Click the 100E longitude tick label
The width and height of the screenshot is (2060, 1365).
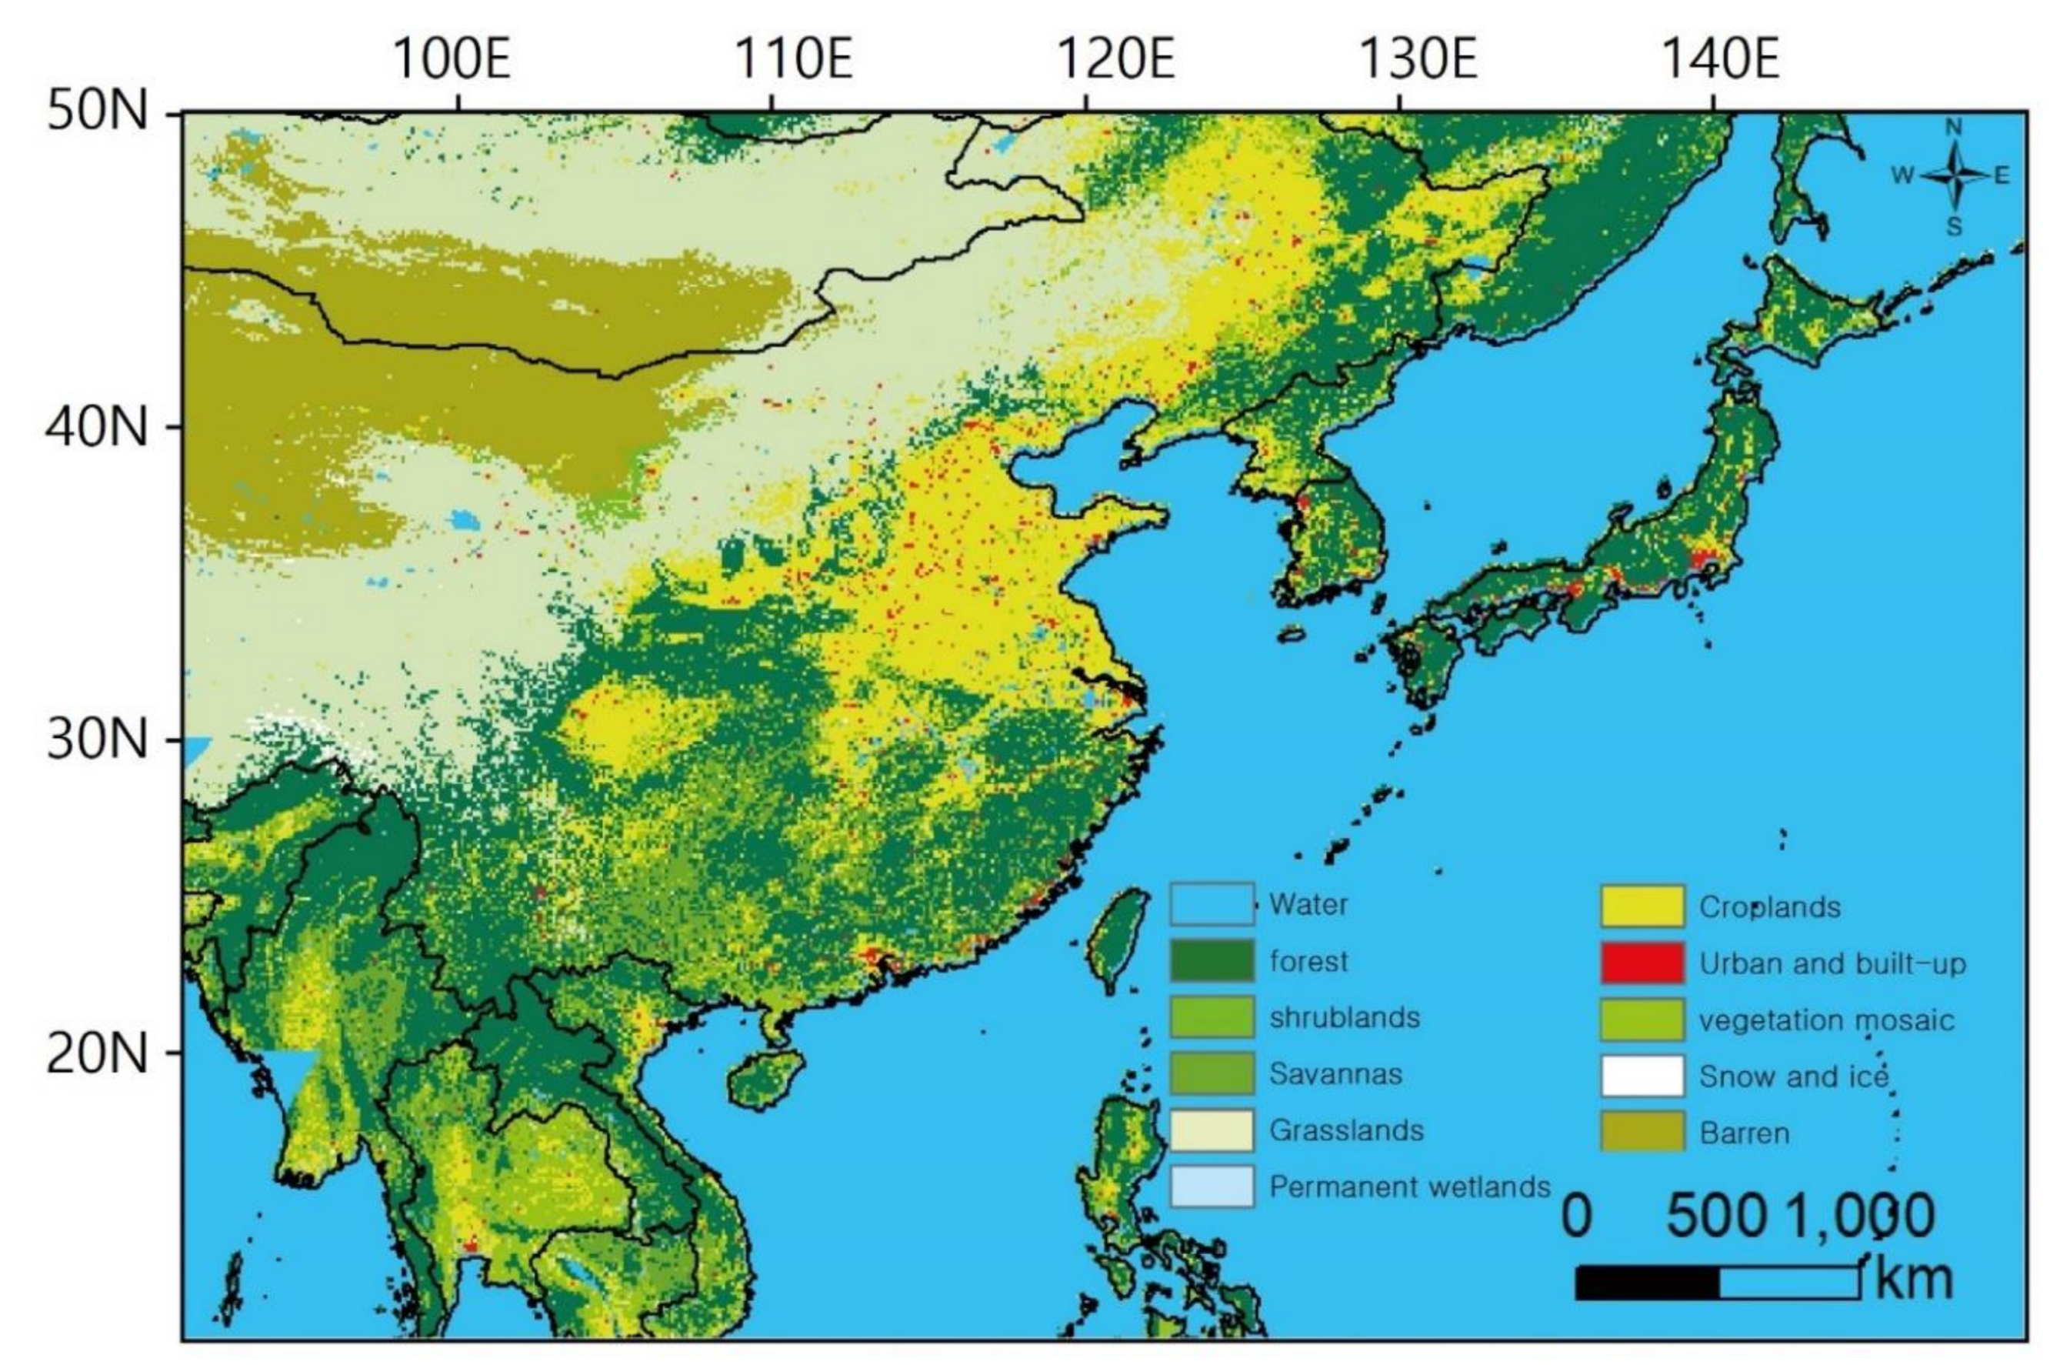point(452,58)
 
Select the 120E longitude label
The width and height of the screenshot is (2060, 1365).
point(1115,58)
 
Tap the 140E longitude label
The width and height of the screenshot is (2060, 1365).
point(1721,58)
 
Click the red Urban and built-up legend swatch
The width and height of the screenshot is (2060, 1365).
point(1642,963)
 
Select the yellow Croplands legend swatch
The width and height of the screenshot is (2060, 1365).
point(1642,906)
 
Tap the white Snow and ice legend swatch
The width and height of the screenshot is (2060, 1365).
point(1642,1076)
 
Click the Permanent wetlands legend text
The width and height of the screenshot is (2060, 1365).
point(1409,1186)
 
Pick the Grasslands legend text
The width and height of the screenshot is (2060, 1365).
point(1346,1130)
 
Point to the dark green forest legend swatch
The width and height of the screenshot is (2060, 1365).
point(1212,961)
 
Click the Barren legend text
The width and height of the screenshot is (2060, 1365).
point(1744,1133)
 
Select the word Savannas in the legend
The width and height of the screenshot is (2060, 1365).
point(1335,1073)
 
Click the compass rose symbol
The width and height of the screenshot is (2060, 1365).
point(1955,177)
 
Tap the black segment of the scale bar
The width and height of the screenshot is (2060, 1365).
point(1647,1283)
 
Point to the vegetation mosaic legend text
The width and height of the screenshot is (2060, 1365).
point(1826,1020)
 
